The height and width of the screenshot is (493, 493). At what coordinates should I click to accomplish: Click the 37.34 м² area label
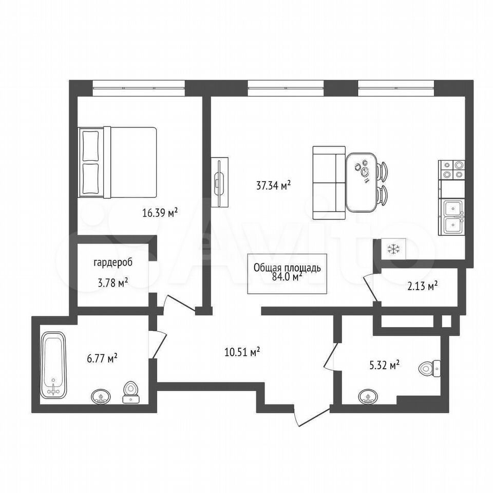click(x=273, y=185)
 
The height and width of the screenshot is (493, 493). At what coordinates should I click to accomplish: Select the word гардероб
click(x=113, y=262)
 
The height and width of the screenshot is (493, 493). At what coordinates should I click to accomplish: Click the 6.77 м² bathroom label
click(x=102, y=358)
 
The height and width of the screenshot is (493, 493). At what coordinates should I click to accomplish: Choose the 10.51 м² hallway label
click(x=242, y=352)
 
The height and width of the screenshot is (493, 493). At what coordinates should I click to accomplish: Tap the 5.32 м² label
click(x=384, y=365)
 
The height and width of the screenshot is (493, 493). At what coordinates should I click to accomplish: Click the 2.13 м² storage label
click(x=423, y=286)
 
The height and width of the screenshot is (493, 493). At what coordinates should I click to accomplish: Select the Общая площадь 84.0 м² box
click(x=287, y=274)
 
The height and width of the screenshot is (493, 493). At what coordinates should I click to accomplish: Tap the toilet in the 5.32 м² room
click(x=430, y=368)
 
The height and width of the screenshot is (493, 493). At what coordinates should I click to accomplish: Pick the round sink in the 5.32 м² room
click(x=368, y=397)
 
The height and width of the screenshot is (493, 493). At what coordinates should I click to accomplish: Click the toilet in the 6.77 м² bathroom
click(x=131, y=392)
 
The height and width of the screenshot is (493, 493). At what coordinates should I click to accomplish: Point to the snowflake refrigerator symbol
click(x=393, y=249)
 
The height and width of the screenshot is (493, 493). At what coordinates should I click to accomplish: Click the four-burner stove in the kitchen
click(x=451, y=170)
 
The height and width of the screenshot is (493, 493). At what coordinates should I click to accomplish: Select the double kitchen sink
click(x=451, y=217)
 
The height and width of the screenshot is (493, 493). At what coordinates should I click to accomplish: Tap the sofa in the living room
click(x=329, y=182)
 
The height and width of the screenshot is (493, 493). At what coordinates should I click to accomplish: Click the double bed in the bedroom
click(x=117, y=162)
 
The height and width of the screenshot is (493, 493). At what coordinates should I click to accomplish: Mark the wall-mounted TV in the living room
click(x=219, y=182)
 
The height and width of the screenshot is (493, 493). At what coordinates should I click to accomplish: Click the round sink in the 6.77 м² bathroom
click(x=101, y=396)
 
